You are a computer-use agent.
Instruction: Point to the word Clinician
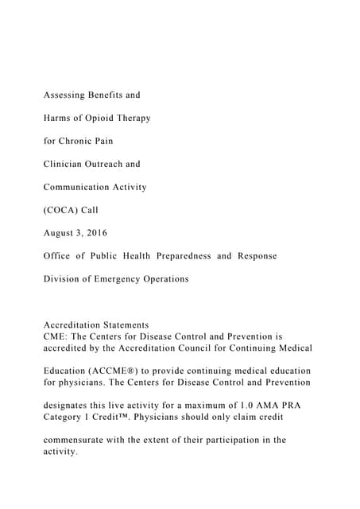(x=66, y=164)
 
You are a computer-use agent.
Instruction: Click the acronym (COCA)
(x=62, y=210)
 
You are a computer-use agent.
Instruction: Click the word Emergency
(x=121, y=279)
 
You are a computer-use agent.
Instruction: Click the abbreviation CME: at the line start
(x=55, y=336)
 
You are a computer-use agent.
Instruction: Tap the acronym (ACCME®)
(x=120, y=371)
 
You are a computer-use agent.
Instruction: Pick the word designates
(x=71, y=405)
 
